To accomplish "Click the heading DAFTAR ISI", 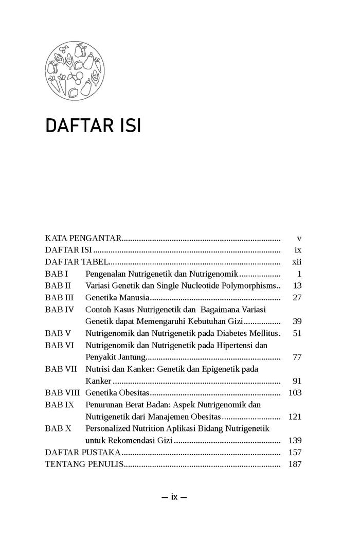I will click(x=93, y=126).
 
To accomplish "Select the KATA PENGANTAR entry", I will click(x=83, y=239).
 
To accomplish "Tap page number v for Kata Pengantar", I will click(x=299, y=239).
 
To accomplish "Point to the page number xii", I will click(x=297, y=262).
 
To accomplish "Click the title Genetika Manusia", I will click(x=117, y=298).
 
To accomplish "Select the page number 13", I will click(x=297, y=286).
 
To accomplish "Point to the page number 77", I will click(x=297, y=357).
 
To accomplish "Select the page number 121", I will click(x=295, y=417).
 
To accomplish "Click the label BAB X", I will click(x=58, y=428).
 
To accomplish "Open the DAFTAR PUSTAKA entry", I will click(x=83, y=453).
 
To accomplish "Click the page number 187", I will click(x=295, y=464).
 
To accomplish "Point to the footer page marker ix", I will click(x=174, y=497).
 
